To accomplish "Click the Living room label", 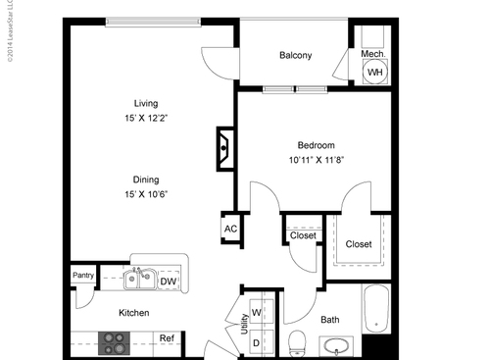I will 147,103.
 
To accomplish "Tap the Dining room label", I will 147,178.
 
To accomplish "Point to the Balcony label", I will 295,56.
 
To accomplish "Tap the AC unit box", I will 231,230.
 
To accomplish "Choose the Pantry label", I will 83,276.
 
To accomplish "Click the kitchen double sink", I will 141,281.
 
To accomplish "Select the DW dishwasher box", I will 168,282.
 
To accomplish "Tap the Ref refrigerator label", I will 168,339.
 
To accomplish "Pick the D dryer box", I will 257,341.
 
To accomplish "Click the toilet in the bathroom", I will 298,341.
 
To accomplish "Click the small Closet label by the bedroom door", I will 303,235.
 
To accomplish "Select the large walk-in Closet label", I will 359,244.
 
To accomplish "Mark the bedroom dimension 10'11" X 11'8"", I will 318,160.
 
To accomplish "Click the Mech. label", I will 371,54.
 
